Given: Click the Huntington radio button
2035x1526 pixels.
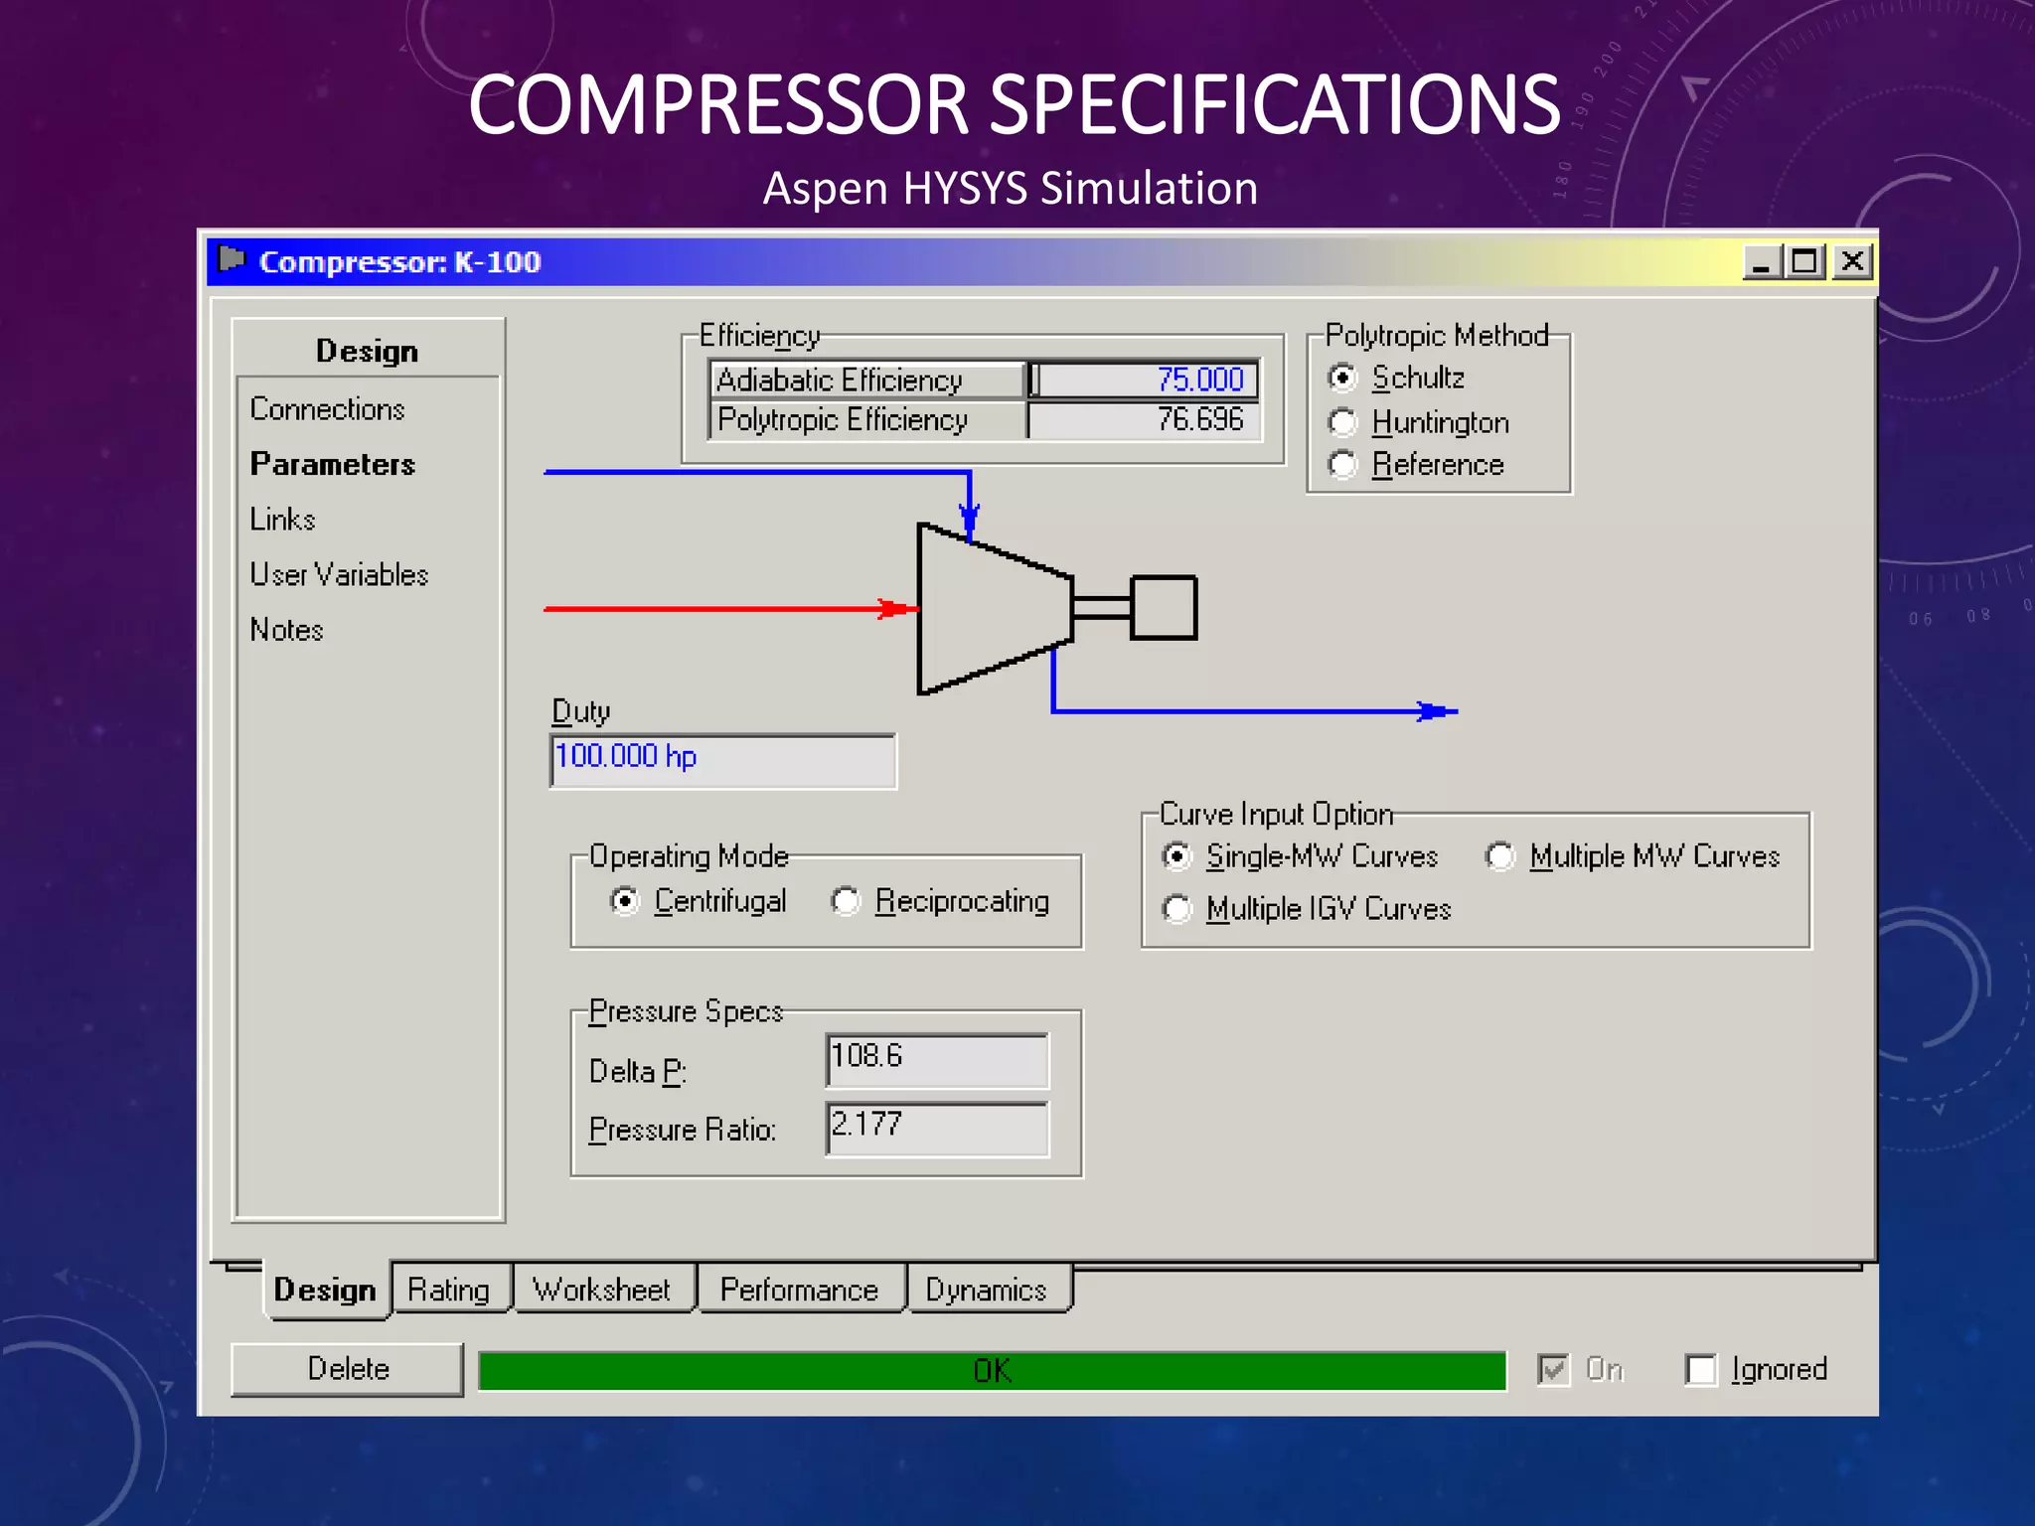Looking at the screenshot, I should [x=1342, y=422].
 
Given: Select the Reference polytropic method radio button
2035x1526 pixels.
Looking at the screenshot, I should [x=1342, y=464].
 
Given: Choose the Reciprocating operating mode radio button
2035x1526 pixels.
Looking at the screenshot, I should [x=846, y=901].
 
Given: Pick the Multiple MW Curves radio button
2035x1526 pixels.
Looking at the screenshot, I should [x=1499, y=856].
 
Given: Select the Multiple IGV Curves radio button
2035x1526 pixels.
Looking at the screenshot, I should [x=1176, y=909].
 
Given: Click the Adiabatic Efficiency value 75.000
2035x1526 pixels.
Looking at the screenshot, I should [x=1145, y=380].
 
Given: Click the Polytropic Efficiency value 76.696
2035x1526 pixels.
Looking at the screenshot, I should [x=1145, y=420].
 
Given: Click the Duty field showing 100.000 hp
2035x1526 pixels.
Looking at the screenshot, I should [x=723, y=761].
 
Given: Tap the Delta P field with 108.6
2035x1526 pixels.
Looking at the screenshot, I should [x=937, y=1060].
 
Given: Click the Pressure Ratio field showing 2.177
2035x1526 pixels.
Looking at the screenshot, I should [x=937, y=1129].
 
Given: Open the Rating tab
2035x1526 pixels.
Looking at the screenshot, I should [x=449, y=1290].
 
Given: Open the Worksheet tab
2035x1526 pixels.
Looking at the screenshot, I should [x=602, y=1290].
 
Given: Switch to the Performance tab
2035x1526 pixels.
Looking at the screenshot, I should [x=800, y=1290].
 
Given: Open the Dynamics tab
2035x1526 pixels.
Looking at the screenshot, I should [x=987, y=1290].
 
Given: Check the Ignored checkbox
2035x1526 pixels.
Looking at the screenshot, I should [x=1700, y=1370].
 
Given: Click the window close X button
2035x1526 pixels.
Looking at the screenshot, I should [x=1852, y=262].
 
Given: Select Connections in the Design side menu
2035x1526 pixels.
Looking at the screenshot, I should [x=328, y=409].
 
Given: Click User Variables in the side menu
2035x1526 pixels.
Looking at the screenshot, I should [x=339, y=575].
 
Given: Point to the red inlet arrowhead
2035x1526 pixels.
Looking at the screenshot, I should [x=897, y=609].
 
